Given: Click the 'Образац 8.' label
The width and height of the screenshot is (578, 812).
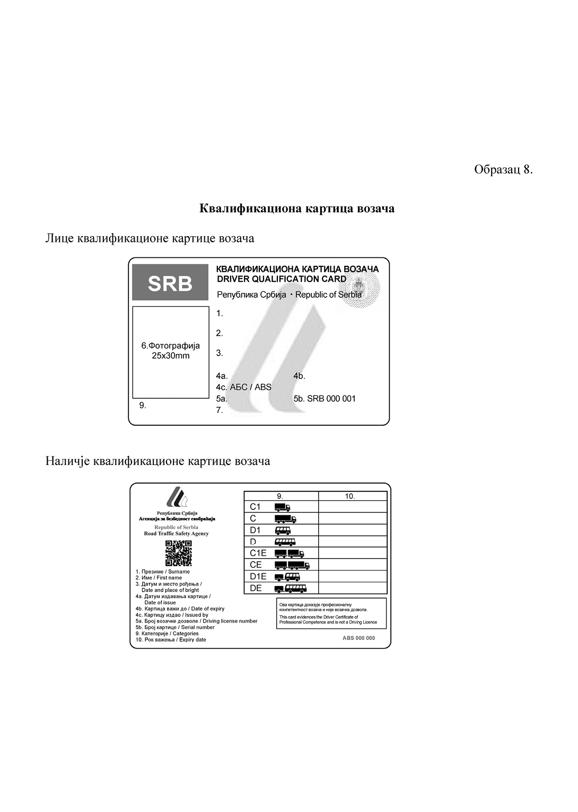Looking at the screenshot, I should click(x=503, y=170).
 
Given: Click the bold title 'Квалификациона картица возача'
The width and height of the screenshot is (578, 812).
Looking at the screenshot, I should click(x=297, y=209).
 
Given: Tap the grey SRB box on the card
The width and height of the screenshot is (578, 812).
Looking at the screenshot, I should click(x=170, y=283).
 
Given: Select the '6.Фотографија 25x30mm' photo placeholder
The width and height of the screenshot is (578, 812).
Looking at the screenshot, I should click(x=171, y=351).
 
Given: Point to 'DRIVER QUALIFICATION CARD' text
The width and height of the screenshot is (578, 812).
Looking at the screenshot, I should click(x=282, y=279).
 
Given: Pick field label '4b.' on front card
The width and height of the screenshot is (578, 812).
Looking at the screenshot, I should click(x=299, y=376).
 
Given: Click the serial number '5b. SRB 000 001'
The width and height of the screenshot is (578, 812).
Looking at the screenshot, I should click(x=324, y=399).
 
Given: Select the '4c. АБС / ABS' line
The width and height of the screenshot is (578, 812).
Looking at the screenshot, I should click(x=244, y=387).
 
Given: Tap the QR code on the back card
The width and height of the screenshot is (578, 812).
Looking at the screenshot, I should click(x=178, y=553).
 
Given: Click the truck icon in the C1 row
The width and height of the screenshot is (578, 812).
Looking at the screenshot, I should click(x=283, y=507).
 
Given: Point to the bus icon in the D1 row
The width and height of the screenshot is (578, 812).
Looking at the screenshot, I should click(x=283, y=530).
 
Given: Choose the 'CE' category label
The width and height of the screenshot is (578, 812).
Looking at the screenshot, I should click(x=256, y=565).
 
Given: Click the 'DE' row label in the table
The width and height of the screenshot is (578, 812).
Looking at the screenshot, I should click(x=256, y=588).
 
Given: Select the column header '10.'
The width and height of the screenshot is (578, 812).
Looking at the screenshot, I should click(x=350, y=496).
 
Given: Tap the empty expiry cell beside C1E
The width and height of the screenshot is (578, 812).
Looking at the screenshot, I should click(x=353, y=553).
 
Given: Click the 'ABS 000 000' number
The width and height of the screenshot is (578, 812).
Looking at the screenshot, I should click(x=358, y=638).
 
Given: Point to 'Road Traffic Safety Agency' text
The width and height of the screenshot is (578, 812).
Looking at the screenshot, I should click(x=177, y=533).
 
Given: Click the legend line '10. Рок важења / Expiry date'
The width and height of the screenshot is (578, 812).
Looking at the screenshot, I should click(x=171, y=640).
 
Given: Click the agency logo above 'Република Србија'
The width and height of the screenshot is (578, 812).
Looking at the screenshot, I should click(x=177, y=498).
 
